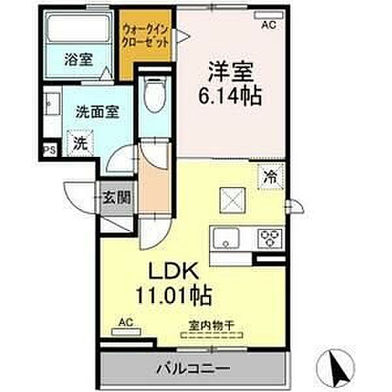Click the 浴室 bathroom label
click(78, 59)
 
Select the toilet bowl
click(155, 94)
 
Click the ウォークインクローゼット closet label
click(145, 37)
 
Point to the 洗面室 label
click(98, 112)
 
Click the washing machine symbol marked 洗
click(80, 143)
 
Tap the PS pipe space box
click(50, 150)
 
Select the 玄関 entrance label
click(117, 197)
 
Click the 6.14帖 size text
click(230, 95)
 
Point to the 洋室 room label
click(231, 72)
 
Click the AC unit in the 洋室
click(269, 15)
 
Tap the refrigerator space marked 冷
click(271, 176)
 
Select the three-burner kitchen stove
click(270, 238)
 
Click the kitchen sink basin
click(226, 238)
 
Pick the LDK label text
click(174, 271)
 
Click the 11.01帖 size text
click(174, 295)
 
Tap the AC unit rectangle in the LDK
click(126, 332)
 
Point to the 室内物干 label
click(211, 326)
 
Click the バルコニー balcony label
click(193, 368)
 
